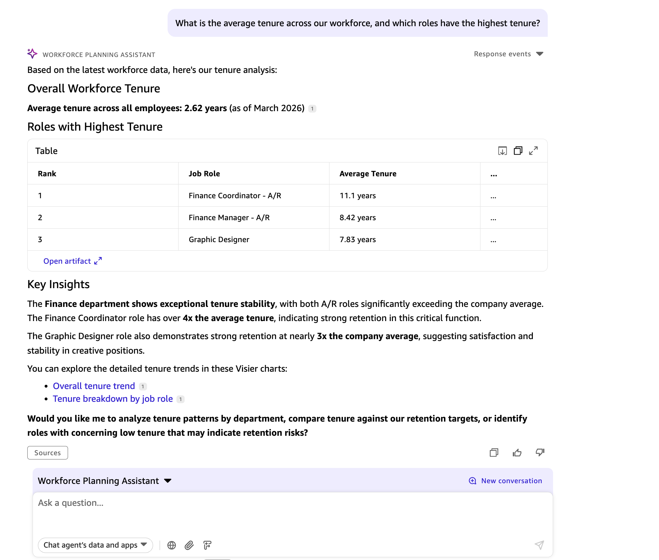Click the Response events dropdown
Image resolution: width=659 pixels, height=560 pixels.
coord(508,54)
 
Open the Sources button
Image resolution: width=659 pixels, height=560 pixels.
coord(47,453)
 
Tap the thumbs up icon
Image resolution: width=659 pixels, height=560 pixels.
coord(517,453)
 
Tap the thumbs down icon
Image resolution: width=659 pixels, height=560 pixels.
coord(540,452)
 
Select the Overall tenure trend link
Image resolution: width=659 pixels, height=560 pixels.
coord(94,386)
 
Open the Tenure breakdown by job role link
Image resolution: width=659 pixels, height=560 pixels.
coord(113,399)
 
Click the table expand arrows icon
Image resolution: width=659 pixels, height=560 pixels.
coord(533,151)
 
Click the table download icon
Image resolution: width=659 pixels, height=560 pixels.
coord(502,151)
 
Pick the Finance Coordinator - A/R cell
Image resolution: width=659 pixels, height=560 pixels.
coord(235,195)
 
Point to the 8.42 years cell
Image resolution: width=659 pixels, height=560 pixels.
coord(357,217)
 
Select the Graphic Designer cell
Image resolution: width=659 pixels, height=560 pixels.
coord(219,239)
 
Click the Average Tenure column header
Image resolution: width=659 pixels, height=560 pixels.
coord(368,173)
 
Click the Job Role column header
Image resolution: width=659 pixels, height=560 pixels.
coord(204,173)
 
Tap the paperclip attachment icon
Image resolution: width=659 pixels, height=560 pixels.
coord(189,545)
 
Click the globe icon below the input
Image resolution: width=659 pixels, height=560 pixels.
coord(171,545)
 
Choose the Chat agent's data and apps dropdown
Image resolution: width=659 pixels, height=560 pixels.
coord(95,545)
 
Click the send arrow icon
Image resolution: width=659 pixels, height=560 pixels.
coord(539,545)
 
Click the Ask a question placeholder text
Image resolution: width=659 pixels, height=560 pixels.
coord(71,503)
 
